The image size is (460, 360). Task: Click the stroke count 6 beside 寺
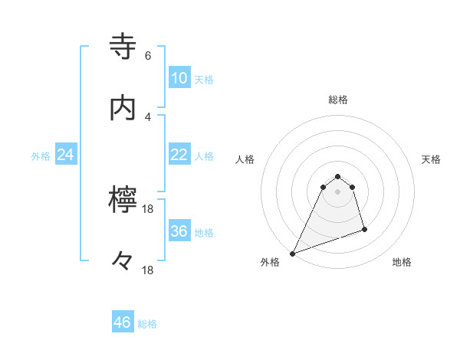coord(148,56)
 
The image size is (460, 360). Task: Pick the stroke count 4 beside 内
coord(148,116)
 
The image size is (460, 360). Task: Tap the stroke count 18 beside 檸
coord(149,209)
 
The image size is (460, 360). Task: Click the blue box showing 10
coord(179,77)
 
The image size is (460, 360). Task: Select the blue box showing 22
coord(179,155)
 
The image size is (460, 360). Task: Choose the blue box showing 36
coord(179,231)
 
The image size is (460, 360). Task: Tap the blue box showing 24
coord(66,155)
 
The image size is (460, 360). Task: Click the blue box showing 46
coord(123,322)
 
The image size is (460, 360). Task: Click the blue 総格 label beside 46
coord(147,324)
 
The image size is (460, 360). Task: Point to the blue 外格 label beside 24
coord(41,156)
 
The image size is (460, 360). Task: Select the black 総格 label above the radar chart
coord(338,100)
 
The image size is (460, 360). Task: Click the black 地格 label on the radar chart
coord(402,263)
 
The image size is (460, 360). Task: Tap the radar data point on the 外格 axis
coord(292,254)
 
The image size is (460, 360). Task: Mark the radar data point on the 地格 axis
coord(364,229)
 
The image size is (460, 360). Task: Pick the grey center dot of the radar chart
coord(338,191)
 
